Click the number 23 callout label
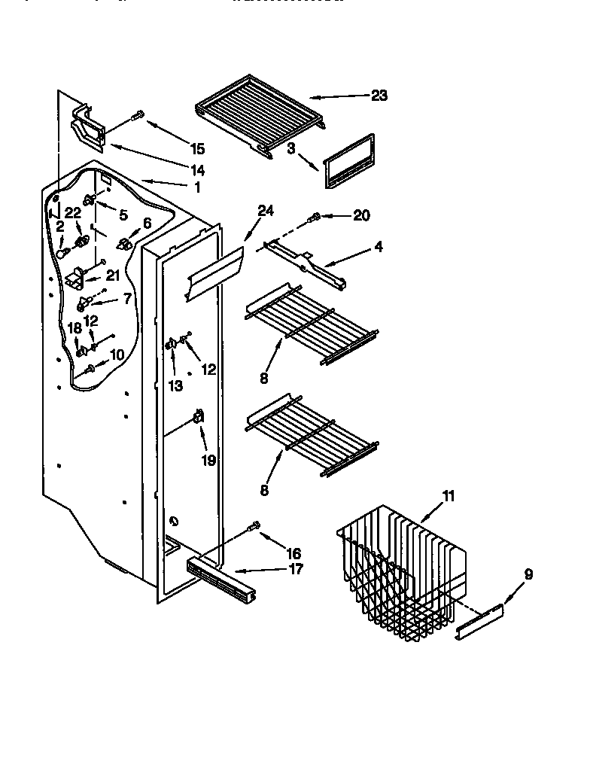379,95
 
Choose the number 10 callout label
117,355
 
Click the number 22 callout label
72,212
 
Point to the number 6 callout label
147,223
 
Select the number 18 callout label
75,327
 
